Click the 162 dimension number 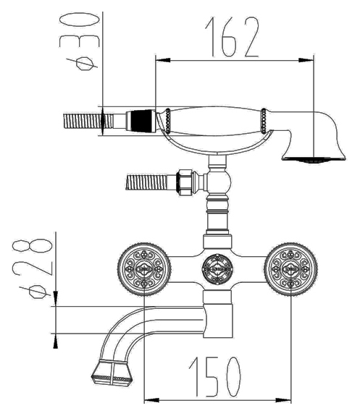tap(232, 37)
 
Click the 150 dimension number tap(215, 377)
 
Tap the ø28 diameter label tap(32, 268)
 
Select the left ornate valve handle tap(144, 268)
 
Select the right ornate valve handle tap(291, 268)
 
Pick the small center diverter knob tap(218, 269)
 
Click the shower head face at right tap(314, 159)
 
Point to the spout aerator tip tap(112, 373)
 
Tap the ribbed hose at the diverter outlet tap(147, 182)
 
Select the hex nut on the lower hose tap(185, 182)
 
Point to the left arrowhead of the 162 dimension tap(162, 60)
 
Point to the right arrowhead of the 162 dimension tap(306, 60)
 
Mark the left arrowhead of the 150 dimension tap(151, 399)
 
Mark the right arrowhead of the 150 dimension tap(284, 399)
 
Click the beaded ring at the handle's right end tap(264, 121)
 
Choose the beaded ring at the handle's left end tap(168, 119)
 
